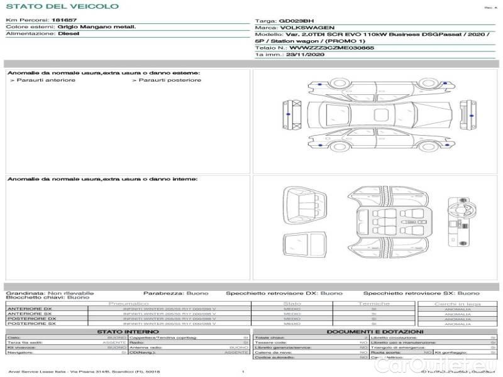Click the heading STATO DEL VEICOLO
pos(62,6)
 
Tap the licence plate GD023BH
pos(294,21)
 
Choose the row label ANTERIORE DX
pos(30,309)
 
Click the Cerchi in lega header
pos(457,303)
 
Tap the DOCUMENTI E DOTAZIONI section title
pos(375,331)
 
